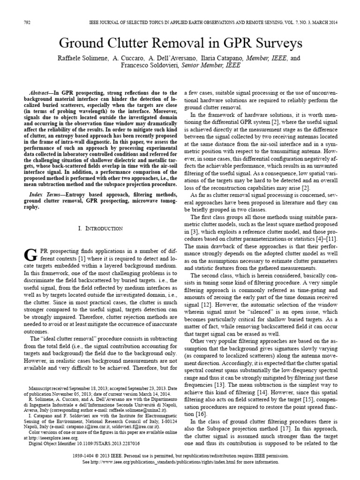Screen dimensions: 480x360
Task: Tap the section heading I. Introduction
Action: click(x=100, y=228)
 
